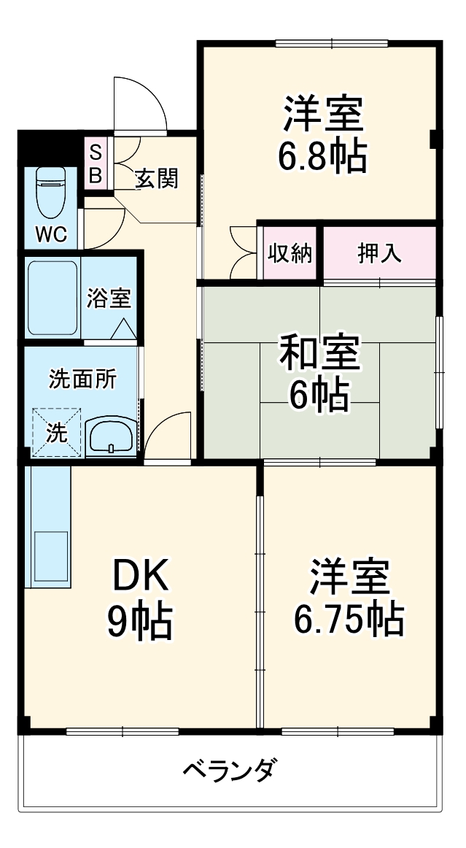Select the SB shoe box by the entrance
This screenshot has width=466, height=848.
tap(96, 165)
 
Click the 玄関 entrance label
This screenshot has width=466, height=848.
tap(157, 178)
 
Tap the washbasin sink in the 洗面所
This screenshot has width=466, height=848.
tap(110, 437)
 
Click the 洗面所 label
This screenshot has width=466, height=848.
tap(81, 379)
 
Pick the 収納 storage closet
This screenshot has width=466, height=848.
tap(290, 253)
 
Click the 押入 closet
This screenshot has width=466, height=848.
tap(378, 253)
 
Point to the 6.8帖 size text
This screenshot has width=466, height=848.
tap(322, 155)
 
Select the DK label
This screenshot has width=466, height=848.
tap(140, 576)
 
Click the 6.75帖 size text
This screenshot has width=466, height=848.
tap(349, 620)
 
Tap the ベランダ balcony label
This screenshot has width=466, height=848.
tap(229, 770)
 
